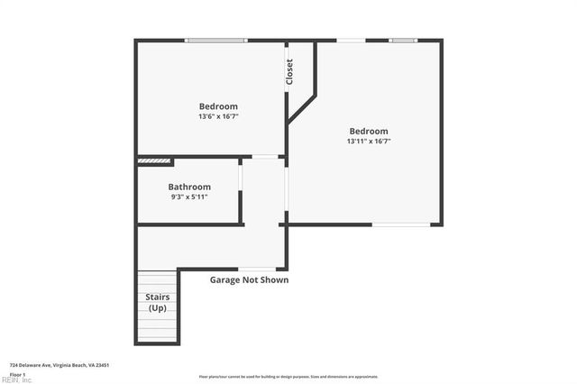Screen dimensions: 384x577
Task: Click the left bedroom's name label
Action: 218,106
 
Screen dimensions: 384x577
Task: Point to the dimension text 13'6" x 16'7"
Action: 218,116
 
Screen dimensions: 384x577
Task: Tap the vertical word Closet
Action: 289,72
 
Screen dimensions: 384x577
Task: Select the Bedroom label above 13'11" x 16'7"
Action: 369,131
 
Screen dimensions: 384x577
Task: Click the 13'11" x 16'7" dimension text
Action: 369,141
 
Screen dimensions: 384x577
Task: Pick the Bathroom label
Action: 189,187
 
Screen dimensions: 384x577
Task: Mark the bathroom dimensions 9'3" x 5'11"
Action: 189,197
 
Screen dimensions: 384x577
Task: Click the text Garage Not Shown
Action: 250,279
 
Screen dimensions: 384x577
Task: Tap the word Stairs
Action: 158,297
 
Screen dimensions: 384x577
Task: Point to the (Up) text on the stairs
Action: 158,308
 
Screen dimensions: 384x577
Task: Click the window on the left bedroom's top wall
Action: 216,40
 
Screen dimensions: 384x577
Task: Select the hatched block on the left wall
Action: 154,162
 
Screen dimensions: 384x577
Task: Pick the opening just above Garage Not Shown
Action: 257,269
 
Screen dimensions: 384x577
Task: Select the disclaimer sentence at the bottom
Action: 288,377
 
